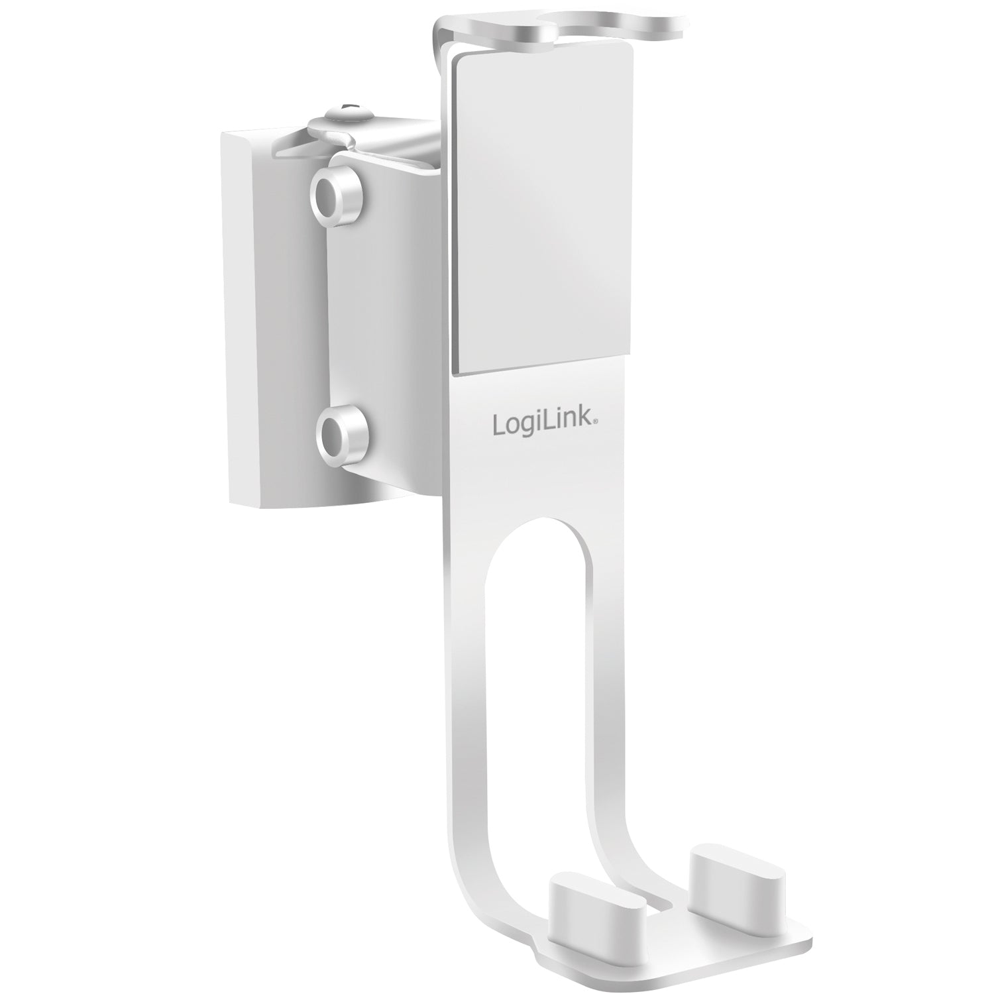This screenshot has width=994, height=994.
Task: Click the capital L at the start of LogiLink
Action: tap(498, 425)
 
